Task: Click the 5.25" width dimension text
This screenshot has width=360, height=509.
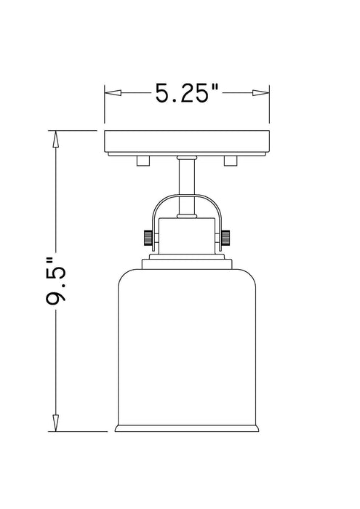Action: pyautogui.click(x=187, y=93)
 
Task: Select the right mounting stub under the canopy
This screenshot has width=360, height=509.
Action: pyautogui.click(x=231, y=160)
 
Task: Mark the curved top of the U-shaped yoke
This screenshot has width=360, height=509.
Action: pyautogui.click(x=188, y=198)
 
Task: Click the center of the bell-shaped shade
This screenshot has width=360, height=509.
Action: pyautogui.click(x=188, y=342)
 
